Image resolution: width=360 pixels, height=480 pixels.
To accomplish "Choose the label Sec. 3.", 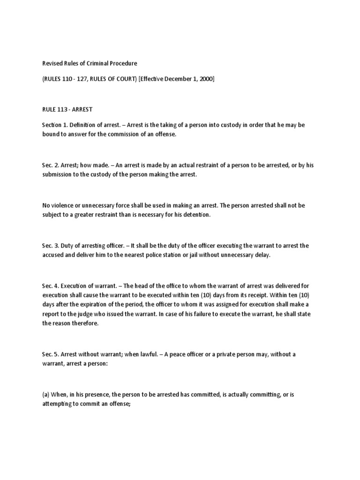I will tap(49, 246).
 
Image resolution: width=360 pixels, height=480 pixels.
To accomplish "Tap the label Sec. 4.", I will tap(49, 286).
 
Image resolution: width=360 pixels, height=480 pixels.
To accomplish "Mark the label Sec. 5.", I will tap(49, 354).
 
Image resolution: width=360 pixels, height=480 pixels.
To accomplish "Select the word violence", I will tap(62, 206).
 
